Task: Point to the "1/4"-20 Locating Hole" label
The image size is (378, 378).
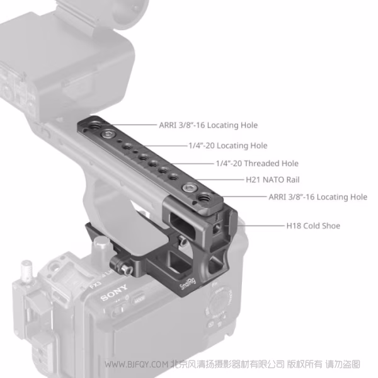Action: pyautogui.click(x=227, y=146)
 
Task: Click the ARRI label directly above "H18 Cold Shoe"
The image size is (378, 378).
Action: pyautogui.click(x=318, y=197)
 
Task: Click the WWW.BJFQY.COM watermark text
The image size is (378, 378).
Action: pyautogui.click(x=136, y=365)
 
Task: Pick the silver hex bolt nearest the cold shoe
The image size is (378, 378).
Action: pyautogui.click(x=188, y=189)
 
